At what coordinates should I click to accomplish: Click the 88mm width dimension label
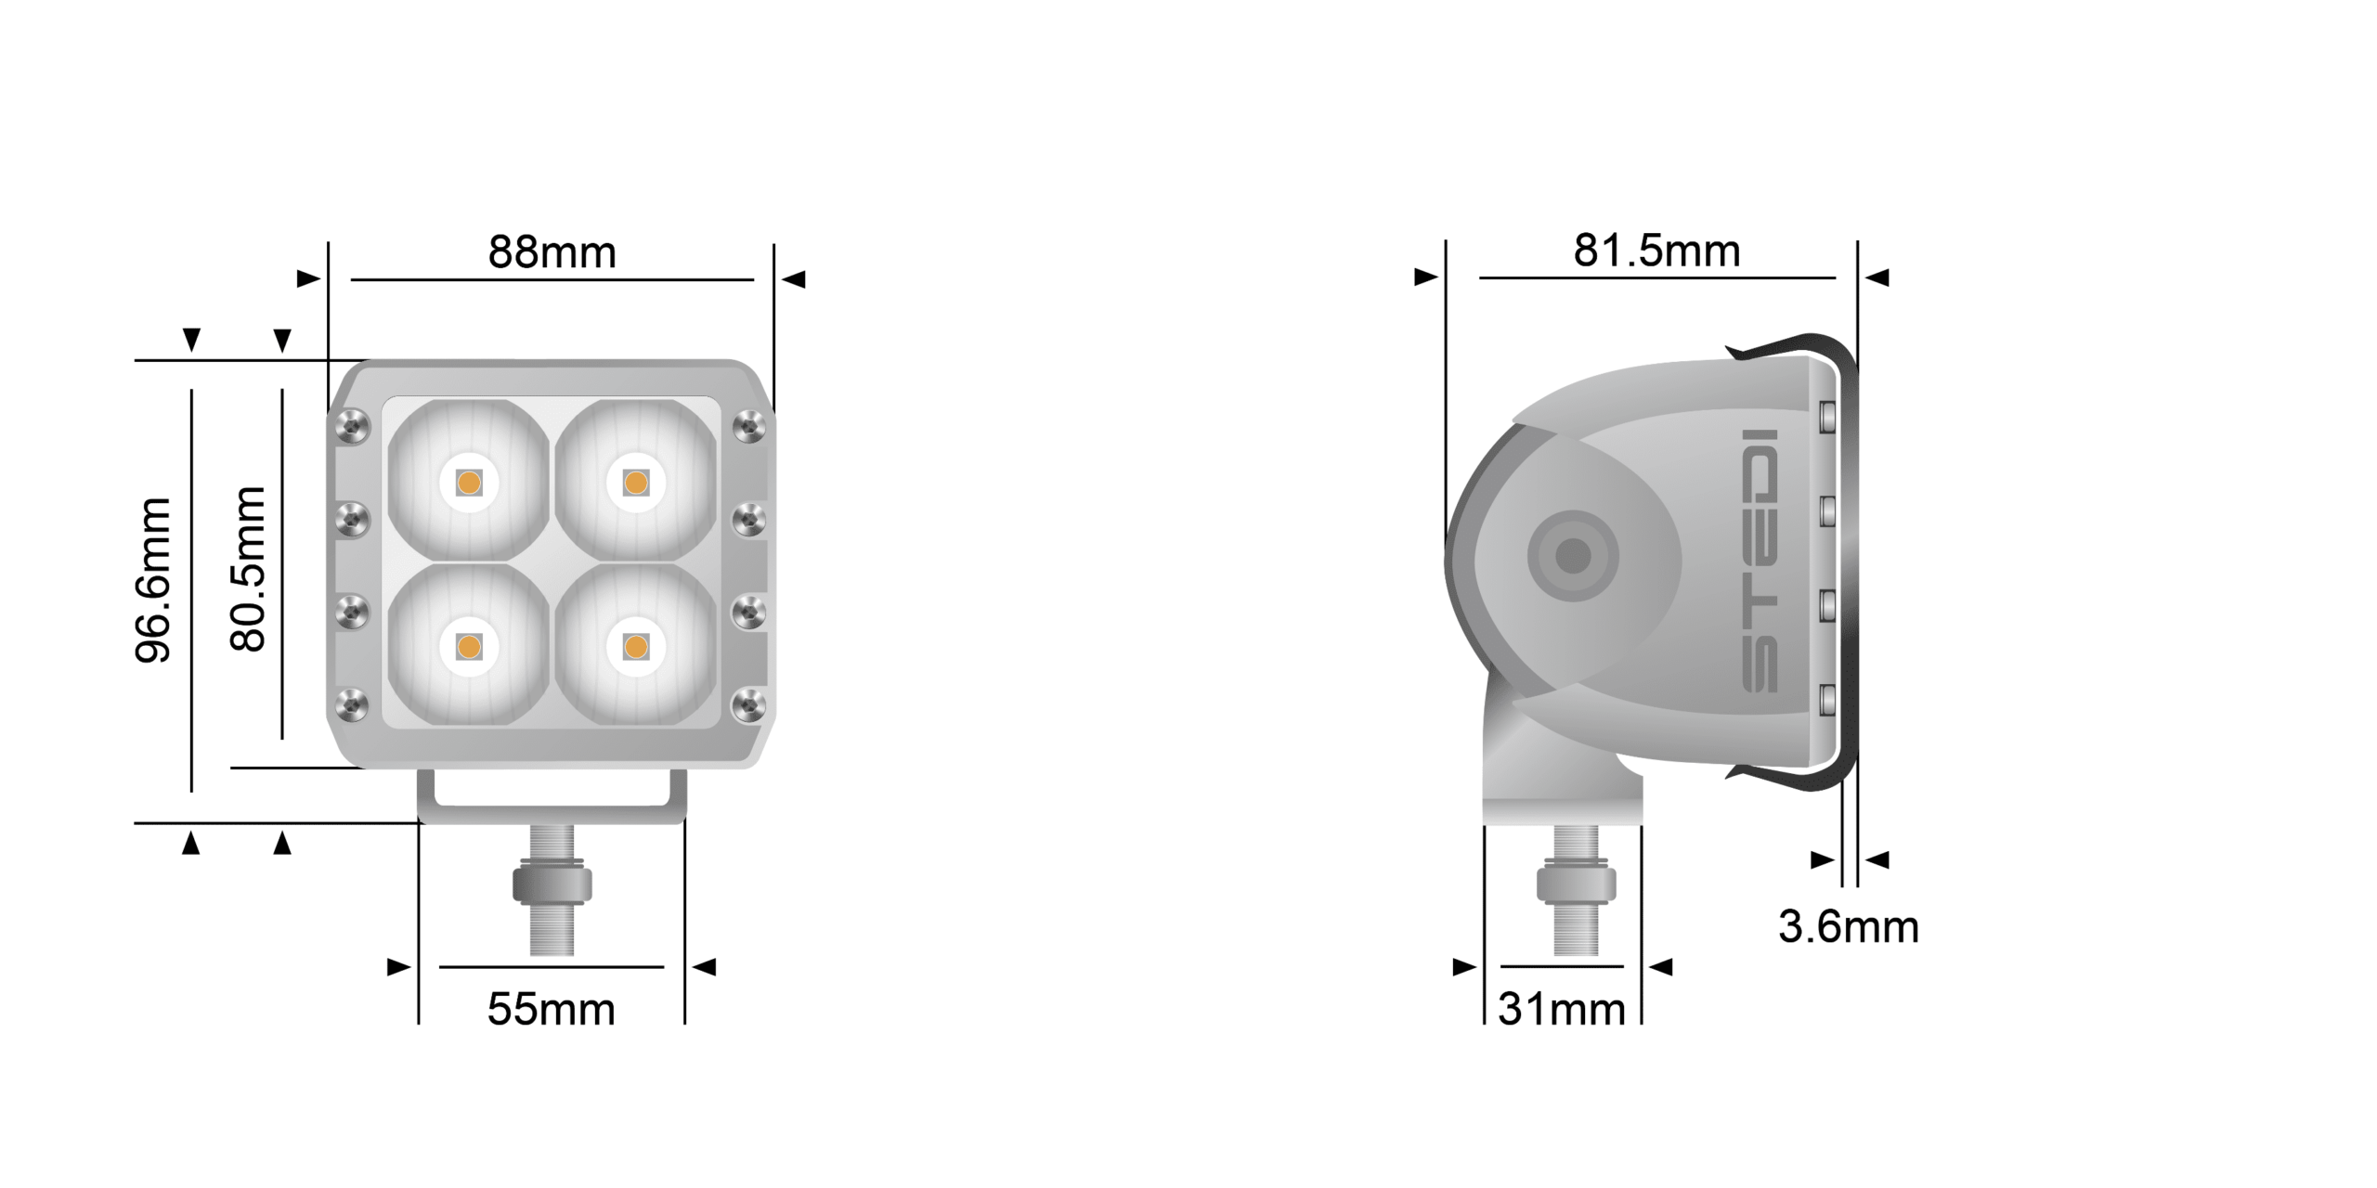coord(552,252)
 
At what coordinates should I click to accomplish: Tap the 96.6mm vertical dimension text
coord(153,580)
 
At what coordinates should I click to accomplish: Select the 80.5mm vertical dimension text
coord(248,568)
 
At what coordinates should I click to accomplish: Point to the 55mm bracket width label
coord(552,1009)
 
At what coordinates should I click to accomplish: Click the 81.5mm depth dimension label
coord(1656,251)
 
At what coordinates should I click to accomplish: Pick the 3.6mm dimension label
coord(1848,926)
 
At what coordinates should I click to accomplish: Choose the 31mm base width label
coord(1562,1009)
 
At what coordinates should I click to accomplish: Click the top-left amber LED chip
coord(469,483)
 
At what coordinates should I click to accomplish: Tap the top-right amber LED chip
coord(636,483)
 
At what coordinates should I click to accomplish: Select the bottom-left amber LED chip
coord(469,647)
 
